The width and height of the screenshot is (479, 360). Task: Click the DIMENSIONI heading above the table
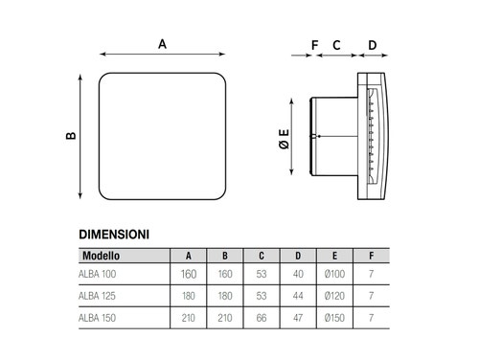coord(114,235)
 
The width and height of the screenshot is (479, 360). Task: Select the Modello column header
coord(101,256)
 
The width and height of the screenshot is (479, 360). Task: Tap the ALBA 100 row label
coord(98,274)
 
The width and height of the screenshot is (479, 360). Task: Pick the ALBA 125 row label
coord(97,296)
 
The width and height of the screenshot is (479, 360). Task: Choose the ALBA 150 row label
coord(97,318)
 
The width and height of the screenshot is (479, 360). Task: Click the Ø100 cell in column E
coord(334,274)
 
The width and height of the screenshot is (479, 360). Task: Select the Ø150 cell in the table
coord(334,318)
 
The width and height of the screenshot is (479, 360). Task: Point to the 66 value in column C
coord(262,318)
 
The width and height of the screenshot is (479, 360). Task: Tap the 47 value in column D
coord(298,318)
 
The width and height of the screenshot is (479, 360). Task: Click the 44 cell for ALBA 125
coord(298,296)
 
